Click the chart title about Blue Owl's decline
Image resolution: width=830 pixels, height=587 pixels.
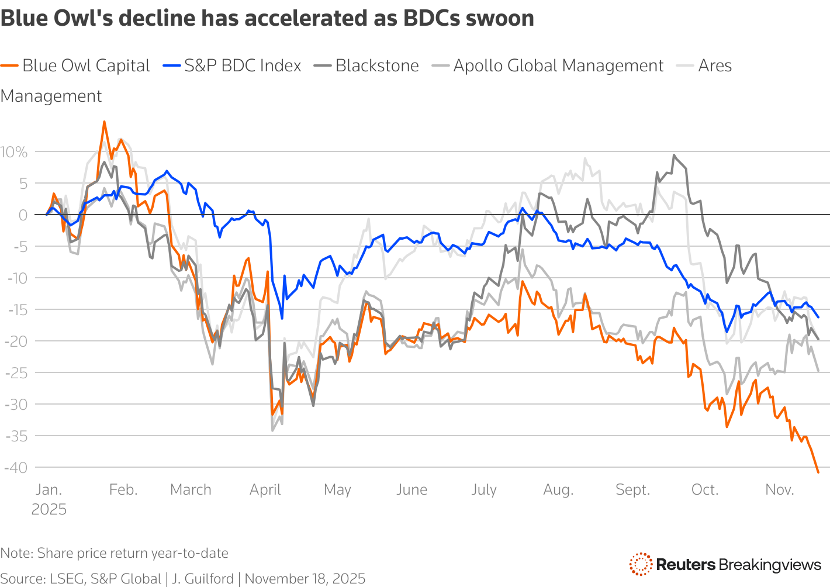267,19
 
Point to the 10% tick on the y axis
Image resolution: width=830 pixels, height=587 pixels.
14,153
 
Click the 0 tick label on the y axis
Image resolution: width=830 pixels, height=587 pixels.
23,215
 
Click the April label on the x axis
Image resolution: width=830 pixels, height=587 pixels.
265,490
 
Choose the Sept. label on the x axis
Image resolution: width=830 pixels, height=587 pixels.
632,490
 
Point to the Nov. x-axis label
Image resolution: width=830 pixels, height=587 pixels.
779,490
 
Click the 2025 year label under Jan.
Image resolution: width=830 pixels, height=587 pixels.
49,509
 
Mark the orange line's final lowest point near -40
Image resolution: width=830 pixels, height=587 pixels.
818,472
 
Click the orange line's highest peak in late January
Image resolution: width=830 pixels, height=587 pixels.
104,122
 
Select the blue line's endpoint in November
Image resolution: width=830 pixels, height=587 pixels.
818,317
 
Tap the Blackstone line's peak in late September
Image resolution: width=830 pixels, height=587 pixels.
674,155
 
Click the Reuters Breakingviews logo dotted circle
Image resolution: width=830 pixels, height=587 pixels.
641,564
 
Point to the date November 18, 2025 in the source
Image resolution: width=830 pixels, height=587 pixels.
305,579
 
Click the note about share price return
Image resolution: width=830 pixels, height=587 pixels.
114,553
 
